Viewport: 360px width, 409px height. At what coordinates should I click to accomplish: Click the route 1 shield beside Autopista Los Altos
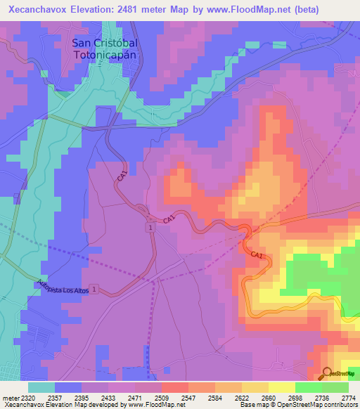click(94, 289)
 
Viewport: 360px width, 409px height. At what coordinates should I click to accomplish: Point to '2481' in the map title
click(131, 9)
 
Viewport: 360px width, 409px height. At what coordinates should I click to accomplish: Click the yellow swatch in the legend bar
click(281, 387)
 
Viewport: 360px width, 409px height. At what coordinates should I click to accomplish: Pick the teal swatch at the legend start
click(41, 387)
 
